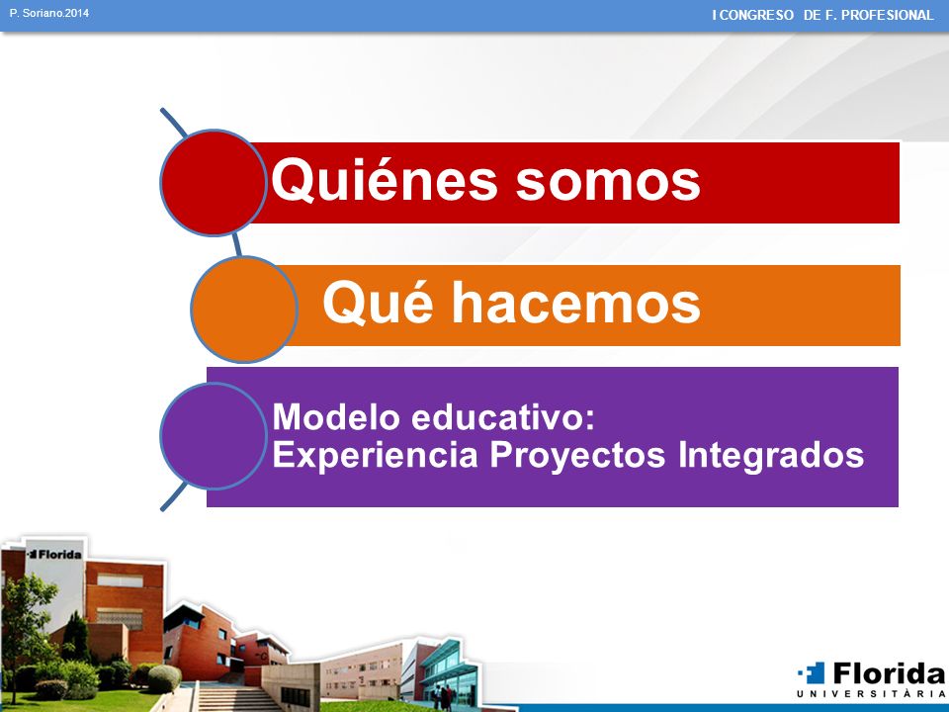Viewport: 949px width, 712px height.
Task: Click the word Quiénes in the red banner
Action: [385, 180]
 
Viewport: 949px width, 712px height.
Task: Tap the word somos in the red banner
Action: [608, 182]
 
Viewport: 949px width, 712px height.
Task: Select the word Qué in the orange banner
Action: [378, 303]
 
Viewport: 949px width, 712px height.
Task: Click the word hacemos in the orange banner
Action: [576, 303]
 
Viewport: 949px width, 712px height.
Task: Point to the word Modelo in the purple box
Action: [336, 417]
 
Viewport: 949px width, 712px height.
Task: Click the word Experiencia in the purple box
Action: [376, 455]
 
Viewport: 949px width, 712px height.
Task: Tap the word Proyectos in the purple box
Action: [577, 455]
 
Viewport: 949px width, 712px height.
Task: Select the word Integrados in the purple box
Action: [770, 455]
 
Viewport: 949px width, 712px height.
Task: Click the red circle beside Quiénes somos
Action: [214, 182]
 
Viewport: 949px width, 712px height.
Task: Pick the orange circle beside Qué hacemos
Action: [244, 309]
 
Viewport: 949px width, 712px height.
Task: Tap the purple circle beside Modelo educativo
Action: [214, 436]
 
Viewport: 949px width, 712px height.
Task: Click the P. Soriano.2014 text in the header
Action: [49, 13]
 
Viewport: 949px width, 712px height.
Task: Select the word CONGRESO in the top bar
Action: [756, 15]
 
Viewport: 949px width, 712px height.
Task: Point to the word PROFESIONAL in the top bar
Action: [888, 15]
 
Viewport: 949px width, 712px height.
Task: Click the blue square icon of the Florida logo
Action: [813, 672]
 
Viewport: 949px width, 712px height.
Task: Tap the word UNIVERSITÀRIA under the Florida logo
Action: [871, 694]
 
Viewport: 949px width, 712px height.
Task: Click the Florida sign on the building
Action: [55, 554]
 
